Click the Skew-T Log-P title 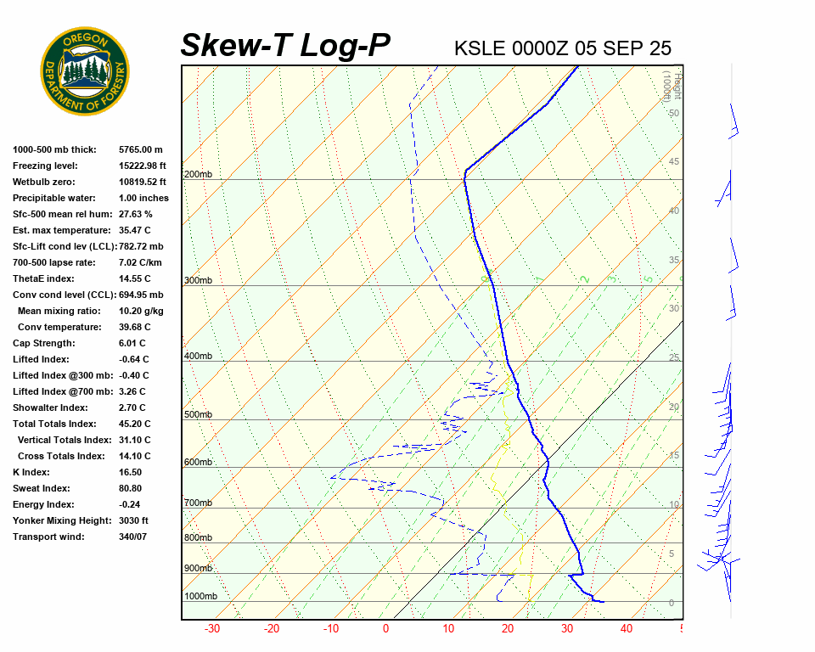pyautogui.click(x=286, y=46)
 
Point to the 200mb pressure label pyautogui.click(x=198, y=175)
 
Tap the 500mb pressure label pyautogui.click(x=198, y=415)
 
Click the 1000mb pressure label pyautogui.click(x=200, y=597)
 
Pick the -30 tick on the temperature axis pyautogui.click(x=212, y=629)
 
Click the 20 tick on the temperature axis pyautogui.click(x=507, y=629)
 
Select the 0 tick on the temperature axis pyautogui.click(x=386, y=629)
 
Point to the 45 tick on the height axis pyautogui.click(x=674, y=162)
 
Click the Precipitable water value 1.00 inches pyautogui.click(x=143, y=198)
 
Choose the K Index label pyautogui.click(x=31, y=472)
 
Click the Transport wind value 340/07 pyautogui.click(x=133, y=537)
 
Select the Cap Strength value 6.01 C pyautogui.click(x=134, y=343)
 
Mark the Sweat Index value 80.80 pyautogui.click(x=132, y=488)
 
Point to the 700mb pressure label pyautogui.click(x=198, y=503)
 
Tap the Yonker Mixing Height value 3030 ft pyautogui.click(x=134, y=520)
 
